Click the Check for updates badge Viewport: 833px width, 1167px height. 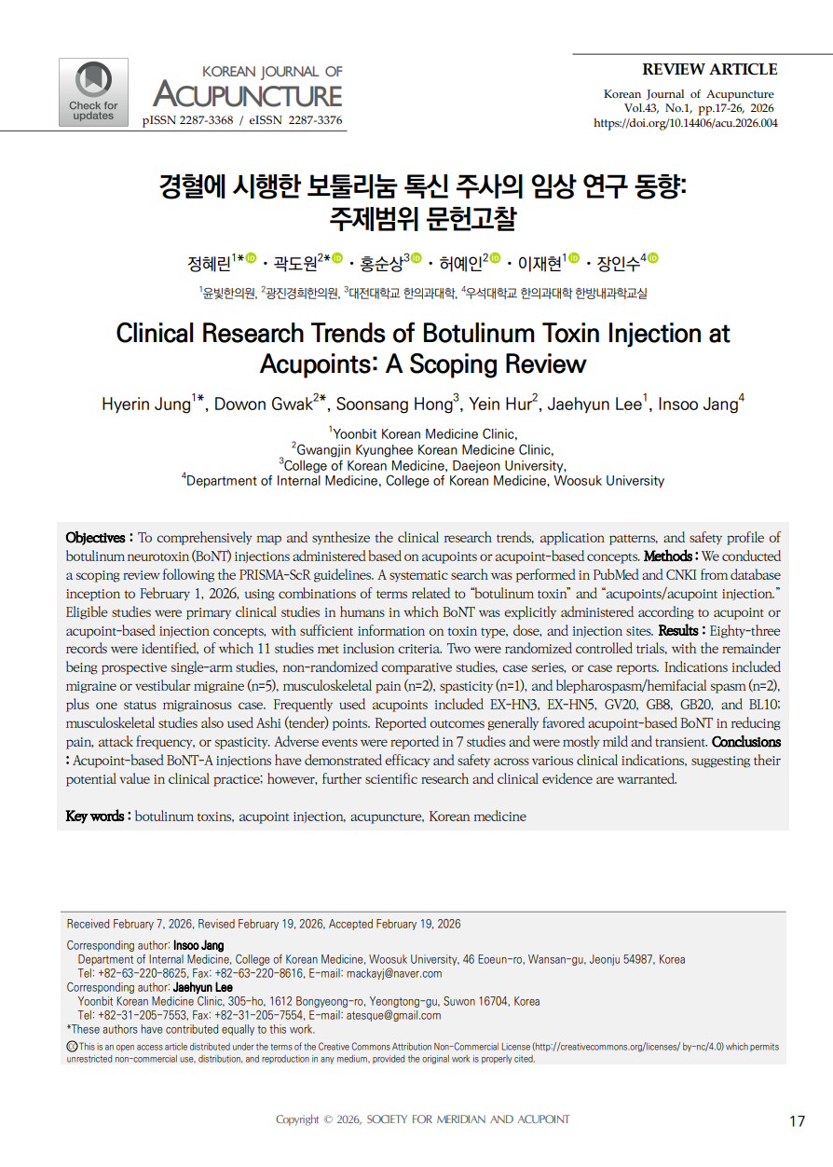click(93, 91)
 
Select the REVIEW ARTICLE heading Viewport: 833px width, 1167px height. click(709, 69)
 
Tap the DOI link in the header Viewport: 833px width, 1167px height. click(685, 123)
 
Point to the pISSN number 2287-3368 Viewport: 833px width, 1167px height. click(205, 121)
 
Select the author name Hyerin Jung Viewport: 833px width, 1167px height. click(145, 404)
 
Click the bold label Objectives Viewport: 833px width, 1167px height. click(95, 538)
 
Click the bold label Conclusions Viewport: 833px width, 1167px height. click(746, 743)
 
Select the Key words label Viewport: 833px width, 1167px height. click(94, 817)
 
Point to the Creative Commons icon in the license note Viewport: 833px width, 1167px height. click(72, 1047)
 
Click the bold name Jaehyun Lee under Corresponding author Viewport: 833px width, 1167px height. click(203, 987)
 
